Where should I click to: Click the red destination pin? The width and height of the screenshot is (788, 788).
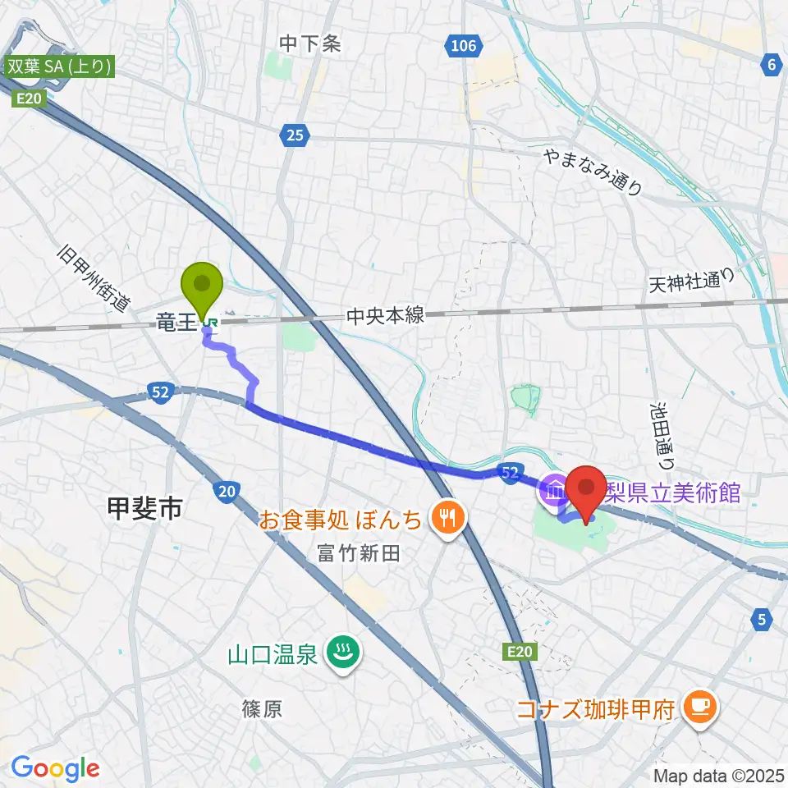tap(588, 490)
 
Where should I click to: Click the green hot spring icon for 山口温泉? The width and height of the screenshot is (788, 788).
tap(338, 653)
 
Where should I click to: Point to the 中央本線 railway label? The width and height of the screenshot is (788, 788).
tap(386, 315)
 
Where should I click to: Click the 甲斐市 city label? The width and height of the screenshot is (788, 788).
tap(144, 510)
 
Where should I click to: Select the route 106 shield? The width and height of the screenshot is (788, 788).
tap(464, 46)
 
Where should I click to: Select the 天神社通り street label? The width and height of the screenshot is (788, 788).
tap(689, 282)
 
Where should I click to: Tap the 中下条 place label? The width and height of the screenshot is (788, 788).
tap(309, 44)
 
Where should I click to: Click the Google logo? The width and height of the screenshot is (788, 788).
tap(55, 769)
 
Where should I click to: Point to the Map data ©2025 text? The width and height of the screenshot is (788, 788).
tap(718, 775)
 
